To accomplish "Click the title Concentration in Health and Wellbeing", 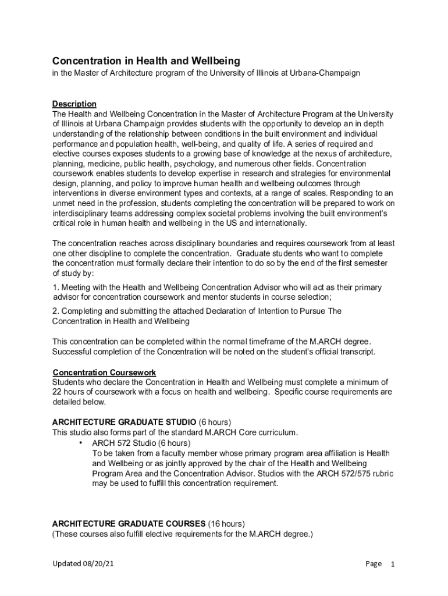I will pos(146,61).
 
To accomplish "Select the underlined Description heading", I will pos(74,104).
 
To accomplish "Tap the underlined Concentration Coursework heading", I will pos(104,372).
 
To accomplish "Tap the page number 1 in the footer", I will pos(393,564).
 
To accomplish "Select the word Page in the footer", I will pos(374,564).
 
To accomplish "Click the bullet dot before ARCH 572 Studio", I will pos(79,443).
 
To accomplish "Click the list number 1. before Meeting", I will pos(56,288).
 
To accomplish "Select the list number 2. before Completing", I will pos(56,311).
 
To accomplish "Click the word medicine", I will pos(101,164).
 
